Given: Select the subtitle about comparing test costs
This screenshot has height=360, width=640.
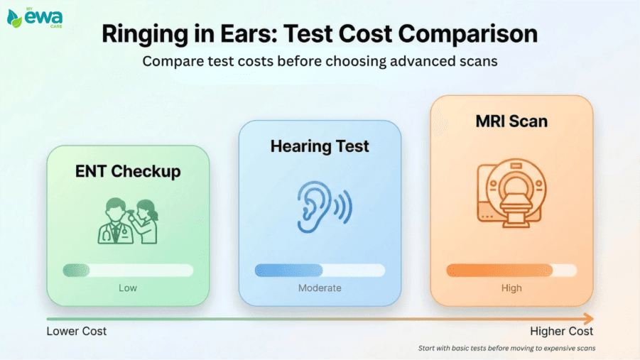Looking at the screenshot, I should coord(320,60).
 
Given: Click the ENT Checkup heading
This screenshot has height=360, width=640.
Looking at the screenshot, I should coord(128,171).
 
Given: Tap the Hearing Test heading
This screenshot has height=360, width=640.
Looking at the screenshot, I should coord(320,146).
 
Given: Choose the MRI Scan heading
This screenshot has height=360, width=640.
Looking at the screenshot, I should coord(511,121).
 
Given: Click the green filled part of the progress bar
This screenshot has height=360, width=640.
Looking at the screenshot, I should coord(76,270).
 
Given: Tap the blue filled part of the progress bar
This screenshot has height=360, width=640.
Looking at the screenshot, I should coord(288,270).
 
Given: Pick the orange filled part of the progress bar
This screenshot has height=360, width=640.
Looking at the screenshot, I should coord(499,270).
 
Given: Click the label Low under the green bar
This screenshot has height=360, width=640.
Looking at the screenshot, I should coord(128,288).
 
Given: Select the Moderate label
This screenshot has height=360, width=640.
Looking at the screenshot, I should coord(320,288).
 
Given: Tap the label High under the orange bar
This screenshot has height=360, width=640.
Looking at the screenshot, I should coord(511,288).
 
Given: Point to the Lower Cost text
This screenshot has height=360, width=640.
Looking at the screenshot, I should coord(77,332).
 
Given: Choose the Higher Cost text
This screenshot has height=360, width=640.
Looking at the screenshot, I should coord(561,332).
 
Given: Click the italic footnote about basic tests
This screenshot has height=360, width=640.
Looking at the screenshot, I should coord(506,348).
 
